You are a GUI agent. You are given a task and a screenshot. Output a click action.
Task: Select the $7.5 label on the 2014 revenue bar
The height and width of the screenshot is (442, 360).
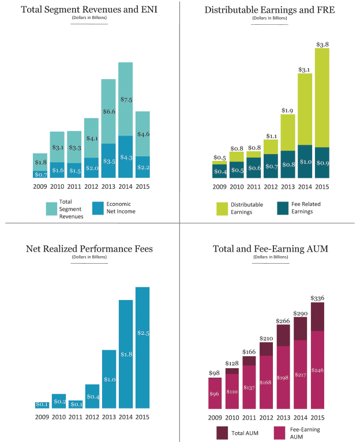[126, 99]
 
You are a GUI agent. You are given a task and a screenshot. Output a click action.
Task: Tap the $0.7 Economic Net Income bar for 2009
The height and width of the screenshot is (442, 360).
[40, 174]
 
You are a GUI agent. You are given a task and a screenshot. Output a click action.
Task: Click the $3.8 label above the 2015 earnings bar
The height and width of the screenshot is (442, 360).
[322, 43]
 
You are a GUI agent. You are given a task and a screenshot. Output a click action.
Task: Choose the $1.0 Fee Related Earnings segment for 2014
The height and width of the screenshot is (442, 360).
[305, 162]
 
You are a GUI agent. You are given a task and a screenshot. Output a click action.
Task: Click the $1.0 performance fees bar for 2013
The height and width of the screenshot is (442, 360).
[109, 379]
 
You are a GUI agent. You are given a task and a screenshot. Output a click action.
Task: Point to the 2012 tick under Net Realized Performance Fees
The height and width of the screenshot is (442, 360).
[93, 417]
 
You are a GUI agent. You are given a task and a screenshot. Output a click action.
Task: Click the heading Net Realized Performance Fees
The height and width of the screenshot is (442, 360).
[89, 249]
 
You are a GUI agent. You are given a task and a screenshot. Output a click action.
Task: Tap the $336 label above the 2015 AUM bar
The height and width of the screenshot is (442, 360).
[317, 298]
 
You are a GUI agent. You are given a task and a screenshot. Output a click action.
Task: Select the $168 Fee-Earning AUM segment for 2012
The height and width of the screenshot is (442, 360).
[266, 383]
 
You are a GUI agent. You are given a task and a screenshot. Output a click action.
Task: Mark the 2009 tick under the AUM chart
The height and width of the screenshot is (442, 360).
[215, 417]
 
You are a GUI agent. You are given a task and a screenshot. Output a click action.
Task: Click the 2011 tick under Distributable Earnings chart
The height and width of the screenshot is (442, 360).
[254, 186]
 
